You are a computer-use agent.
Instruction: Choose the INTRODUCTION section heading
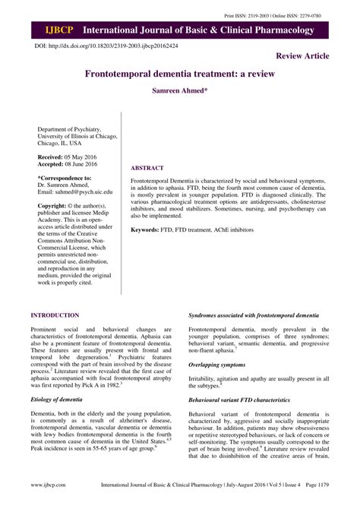tap(55, 315)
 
